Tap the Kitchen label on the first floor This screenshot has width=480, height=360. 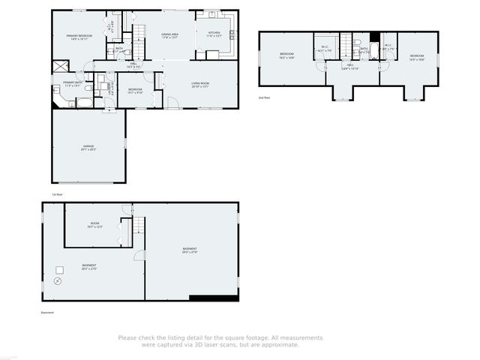(214, 34)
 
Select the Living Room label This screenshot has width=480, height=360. (199, 85)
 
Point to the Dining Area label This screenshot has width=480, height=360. (170, 35)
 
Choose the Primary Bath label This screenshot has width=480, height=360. (72, 84)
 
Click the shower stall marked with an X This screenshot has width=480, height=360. (57, 65)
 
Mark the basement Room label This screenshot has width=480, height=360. (95, 224)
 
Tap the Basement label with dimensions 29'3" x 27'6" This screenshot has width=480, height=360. (190, 250)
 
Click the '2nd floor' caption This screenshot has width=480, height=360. (263, 97)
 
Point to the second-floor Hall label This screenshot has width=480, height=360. (350, 67)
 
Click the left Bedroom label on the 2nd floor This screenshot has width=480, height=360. (287, 55)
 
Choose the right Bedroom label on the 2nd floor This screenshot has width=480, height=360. (416, 57)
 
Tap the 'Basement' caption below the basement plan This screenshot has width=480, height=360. (48, 313)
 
